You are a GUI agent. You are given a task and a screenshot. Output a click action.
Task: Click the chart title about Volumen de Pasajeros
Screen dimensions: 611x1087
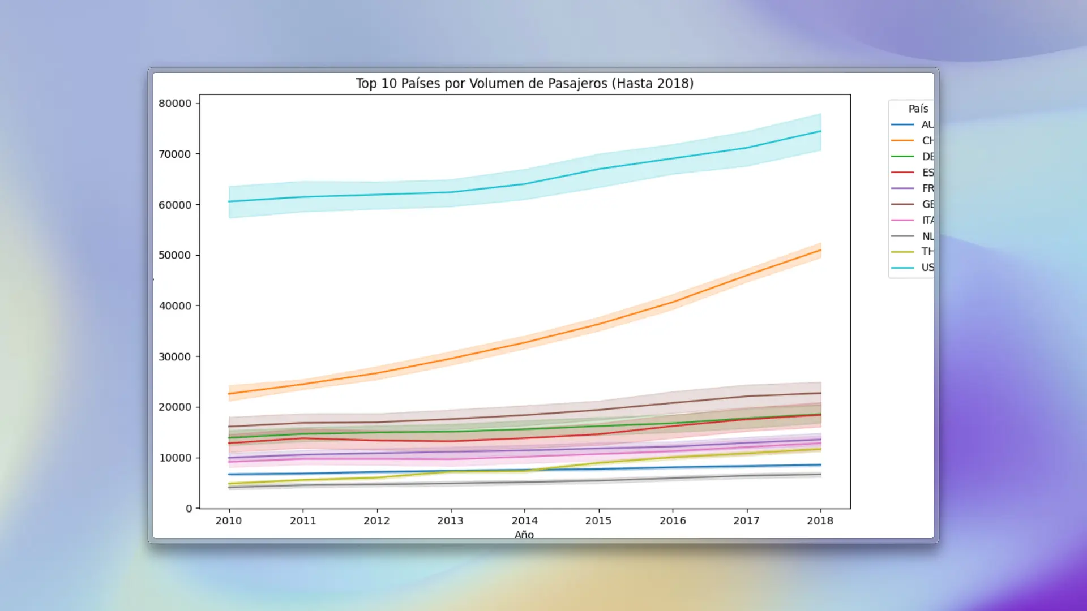coord(524,84)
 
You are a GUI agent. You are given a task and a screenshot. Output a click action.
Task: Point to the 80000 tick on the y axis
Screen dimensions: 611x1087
coord(175,104)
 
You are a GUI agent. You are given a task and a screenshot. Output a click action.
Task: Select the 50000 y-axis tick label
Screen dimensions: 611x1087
coord(175,255)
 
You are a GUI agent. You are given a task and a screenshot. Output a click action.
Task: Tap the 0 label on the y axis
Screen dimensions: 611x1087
coord(189,509)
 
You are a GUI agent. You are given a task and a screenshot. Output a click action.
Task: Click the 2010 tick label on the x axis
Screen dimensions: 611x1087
coord(229,521)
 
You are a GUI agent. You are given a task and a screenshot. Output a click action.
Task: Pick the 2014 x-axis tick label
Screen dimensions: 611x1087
coord(525,521)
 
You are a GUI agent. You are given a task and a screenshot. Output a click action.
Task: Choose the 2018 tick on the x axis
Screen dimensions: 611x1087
coord(820,521)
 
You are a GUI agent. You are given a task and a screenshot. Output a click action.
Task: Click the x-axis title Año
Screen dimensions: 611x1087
coord(524,535)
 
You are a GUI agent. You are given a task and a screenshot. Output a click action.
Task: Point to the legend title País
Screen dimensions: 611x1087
coord(918,109)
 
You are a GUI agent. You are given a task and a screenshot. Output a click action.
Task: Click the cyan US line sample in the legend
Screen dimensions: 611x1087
coord(902,268)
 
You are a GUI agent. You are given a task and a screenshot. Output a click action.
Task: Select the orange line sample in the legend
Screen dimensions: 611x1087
coord(902,140)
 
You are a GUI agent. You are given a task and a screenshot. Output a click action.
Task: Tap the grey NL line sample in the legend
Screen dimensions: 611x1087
coord(902,236)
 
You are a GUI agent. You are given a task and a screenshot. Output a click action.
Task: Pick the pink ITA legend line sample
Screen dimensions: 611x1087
coord(902,220)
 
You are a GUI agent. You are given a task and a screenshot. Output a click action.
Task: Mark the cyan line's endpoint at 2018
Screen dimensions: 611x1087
coord(821,131)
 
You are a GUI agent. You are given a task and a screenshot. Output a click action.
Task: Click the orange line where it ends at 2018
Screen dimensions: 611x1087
coord(821,250)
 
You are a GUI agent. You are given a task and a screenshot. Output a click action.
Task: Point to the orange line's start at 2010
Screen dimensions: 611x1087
coord(229,394)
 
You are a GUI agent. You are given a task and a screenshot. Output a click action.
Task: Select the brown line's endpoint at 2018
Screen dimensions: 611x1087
coord(821,393)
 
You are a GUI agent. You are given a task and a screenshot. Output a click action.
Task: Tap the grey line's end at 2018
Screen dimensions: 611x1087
coord(821,475)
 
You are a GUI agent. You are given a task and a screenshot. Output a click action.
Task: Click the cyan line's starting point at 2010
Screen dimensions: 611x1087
coord(229,201)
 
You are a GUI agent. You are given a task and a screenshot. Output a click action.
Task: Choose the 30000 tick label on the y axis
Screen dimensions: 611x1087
coord(175,357)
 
